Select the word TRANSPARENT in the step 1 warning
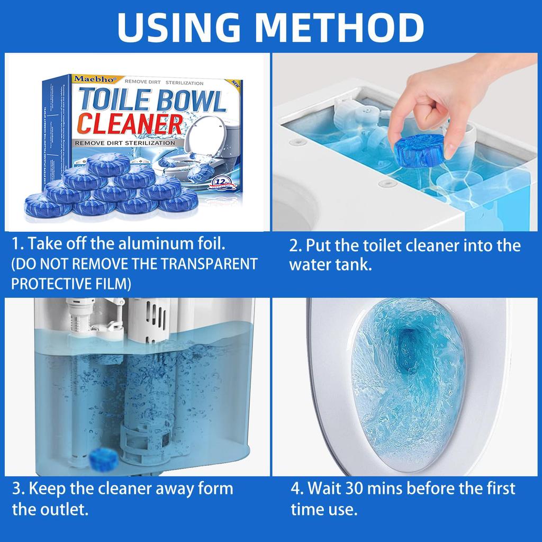pyautogui.click(x=209, y=264)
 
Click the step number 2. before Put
pyautogui.click(x=295, y=246)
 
